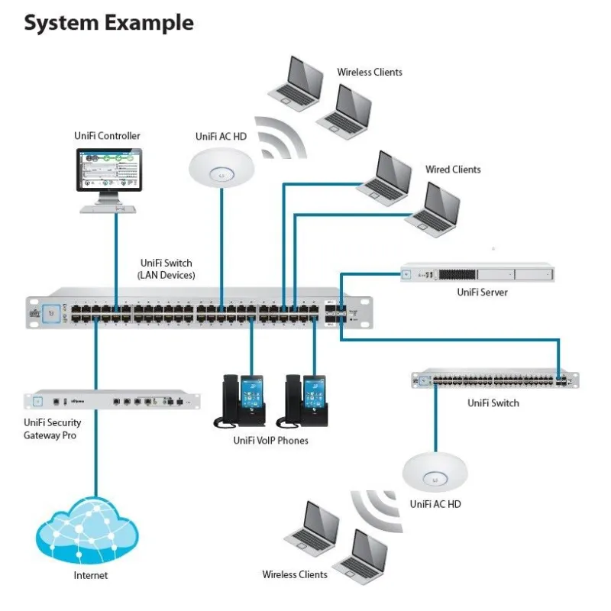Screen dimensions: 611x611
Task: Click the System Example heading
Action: click(108, 23)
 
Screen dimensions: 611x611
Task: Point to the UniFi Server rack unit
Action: click(478, 274)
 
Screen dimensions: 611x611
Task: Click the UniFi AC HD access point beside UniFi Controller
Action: click(221, 162)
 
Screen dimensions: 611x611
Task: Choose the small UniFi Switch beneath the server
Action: click(494, 380)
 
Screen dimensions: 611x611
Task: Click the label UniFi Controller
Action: click(107, 136)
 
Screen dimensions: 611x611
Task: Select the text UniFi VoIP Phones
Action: click(271, 441)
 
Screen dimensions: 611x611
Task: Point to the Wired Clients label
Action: click(453, 170)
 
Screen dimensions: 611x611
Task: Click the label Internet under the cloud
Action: click(91, 575)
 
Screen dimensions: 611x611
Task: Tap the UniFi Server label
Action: click(482, 292)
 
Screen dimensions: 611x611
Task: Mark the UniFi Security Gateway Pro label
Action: click(52, 428)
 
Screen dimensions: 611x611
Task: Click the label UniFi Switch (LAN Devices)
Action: click(166, 269)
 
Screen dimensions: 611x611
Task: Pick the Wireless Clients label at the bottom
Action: click(295, 574)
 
